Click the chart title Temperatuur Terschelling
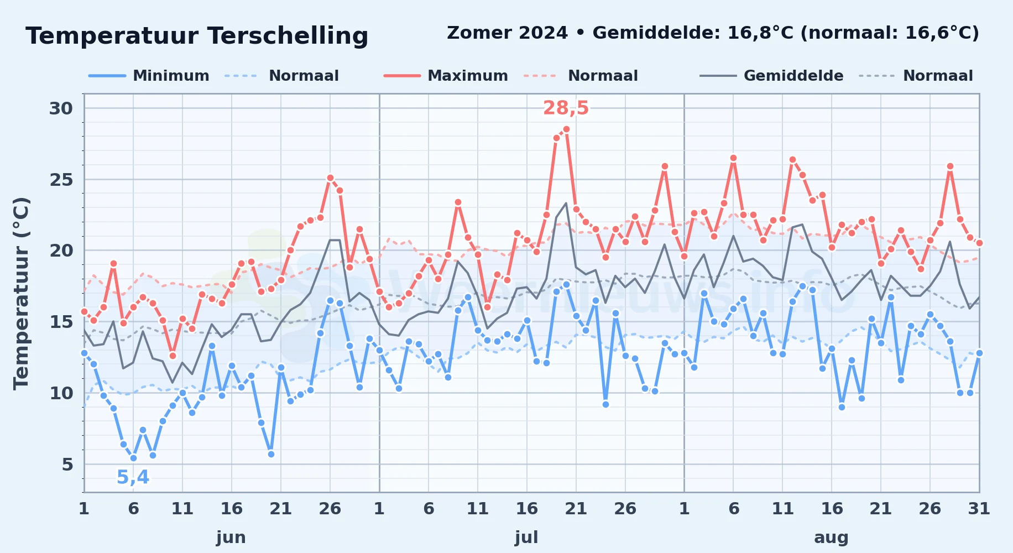pos(197,36)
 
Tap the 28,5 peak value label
pos(566,108)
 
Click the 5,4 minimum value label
pos(133,477)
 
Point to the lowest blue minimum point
pos(133,458)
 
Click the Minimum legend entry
pos(149,76)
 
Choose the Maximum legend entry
pos(446,76)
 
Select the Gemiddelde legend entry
pos(772,76)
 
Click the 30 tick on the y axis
pos(61,108)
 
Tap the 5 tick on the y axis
pos(67,465)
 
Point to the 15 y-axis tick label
pos(61,322)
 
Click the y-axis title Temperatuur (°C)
pos(21,293)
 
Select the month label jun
pos(231,538)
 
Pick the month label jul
pos(526,538)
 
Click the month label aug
pos(831,538)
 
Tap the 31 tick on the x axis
pos(979,509)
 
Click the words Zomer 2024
pos(507,33)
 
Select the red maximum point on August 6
pos(733,158)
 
